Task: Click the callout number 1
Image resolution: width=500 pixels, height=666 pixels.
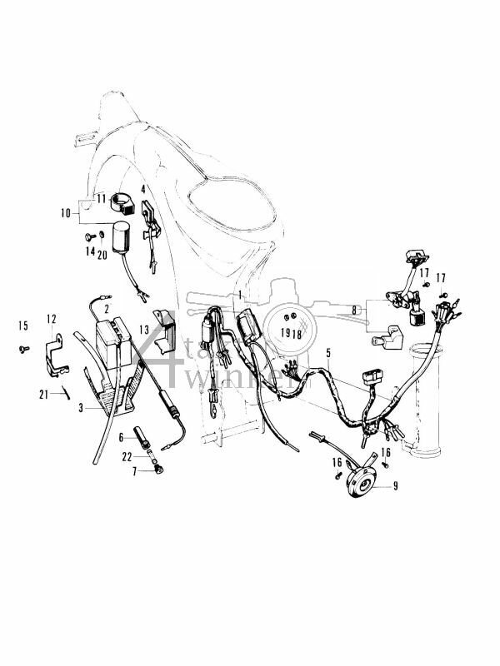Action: click(238, 296)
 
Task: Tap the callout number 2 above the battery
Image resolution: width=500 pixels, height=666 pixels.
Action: click(105, 309)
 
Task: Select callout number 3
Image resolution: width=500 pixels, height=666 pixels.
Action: click(80, 408)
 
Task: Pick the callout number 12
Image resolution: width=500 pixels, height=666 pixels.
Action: click(51, 318)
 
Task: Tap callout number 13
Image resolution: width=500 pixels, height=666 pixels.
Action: click(144, 329)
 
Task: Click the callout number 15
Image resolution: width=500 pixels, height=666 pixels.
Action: click(22, 324)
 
